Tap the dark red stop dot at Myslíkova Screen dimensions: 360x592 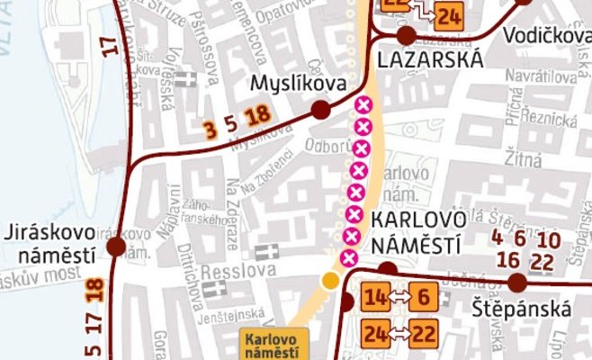(319, 110)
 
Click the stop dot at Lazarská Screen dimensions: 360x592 (406, 35)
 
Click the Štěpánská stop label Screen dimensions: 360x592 (522, 310)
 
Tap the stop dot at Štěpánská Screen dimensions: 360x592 (516, 283)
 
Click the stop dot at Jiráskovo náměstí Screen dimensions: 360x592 (115, 247)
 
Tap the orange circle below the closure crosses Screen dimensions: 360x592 (331, 281)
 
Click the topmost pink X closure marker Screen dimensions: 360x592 (364, 106)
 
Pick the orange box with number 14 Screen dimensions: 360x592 (376, 297)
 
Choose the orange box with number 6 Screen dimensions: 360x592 (425, 297)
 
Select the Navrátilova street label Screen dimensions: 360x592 (540, 78)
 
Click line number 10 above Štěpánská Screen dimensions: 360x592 (549, 239)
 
